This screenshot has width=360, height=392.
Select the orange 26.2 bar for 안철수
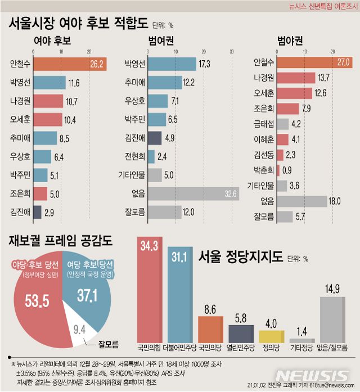tap(70, 64)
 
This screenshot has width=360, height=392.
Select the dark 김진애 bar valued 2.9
tap(37, 212)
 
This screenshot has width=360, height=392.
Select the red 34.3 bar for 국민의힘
tap(150, 292)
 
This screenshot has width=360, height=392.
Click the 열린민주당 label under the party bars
tap(241, 347)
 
